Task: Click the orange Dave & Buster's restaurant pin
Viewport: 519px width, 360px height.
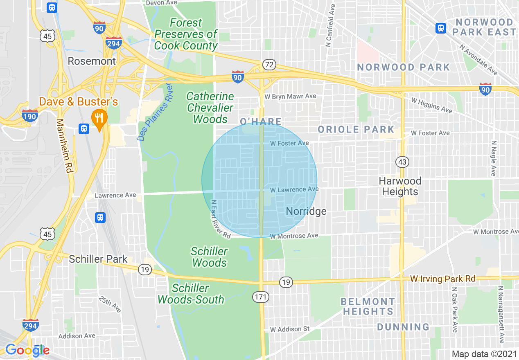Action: tap(99, 117)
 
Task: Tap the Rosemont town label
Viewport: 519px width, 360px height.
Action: tap(92, 61)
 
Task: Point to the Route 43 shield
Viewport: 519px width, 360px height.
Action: tap(402, 162)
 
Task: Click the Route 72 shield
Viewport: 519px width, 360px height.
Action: tap(269, 65)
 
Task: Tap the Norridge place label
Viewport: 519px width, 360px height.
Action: tap(306, 211)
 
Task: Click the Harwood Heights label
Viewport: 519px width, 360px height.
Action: tap(399, 186)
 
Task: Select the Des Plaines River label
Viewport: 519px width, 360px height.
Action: tap(155, 112)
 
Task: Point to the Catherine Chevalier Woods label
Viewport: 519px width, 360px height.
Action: tap(210, 108)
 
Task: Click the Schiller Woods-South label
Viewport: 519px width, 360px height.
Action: tap(191, 294)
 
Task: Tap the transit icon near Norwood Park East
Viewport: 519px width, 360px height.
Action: tap(440, 28)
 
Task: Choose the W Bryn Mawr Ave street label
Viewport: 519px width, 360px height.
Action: tap(290, 97)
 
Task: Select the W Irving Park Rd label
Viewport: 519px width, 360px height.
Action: tap(443, 279)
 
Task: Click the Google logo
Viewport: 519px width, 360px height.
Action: tap(27, 350)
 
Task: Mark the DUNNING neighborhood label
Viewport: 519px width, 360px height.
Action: tap(403, 327)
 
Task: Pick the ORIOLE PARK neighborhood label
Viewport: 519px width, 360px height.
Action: tap(356, 130)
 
